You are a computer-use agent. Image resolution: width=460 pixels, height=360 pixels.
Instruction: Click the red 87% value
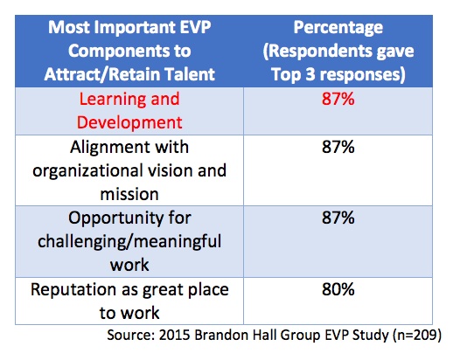click(338, 99)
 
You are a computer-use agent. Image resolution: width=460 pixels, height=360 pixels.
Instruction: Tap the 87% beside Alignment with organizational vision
click(338, 147)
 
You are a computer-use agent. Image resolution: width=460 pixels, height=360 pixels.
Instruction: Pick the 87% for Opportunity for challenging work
click(338, 218)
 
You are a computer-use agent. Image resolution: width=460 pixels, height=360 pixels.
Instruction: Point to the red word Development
click(129, 123)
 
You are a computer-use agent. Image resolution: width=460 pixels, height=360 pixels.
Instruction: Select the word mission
click(129, 194)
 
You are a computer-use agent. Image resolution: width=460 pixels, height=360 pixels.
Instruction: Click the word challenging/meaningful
click(129, 242)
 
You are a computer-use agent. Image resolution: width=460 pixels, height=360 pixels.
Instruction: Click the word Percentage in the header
click(338, 29)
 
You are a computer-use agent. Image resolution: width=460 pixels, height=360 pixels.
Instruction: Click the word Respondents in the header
click(317, 52)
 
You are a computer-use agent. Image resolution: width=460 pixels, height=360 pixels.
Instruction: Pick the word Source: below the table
click(130, 335)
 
